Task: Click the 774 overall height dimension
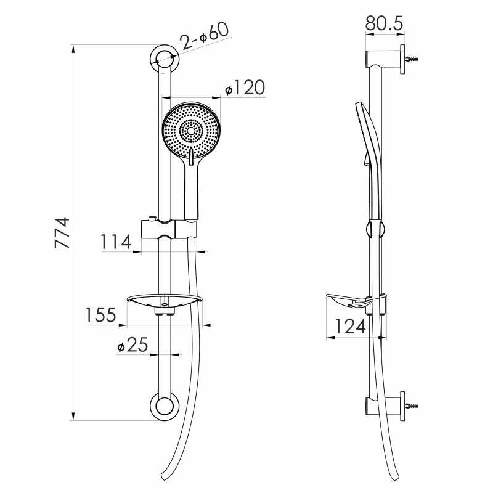point(62,232)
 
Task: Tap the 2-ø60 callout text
point(205,36)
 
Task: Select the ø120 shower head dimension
point(245,88)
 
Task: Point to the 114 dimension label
point(115,242)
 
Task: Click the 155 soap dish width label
point(101,315)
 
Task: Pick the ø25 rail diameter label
point(132,344)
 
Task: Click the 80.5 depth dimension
point(384,23)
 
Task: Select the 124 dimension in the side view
point(350,326)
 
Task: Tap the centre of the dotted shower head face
point(191,131)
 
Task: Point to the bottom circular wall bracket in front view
point(165,406)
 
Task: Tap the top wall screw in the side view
point(412,59)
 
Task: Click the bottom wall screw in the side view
point(412,406)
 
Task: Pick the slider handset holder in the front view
point(169,229)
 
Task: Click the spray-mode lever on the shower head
point(191,156)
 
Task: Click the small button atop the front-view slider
point(152,218)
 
